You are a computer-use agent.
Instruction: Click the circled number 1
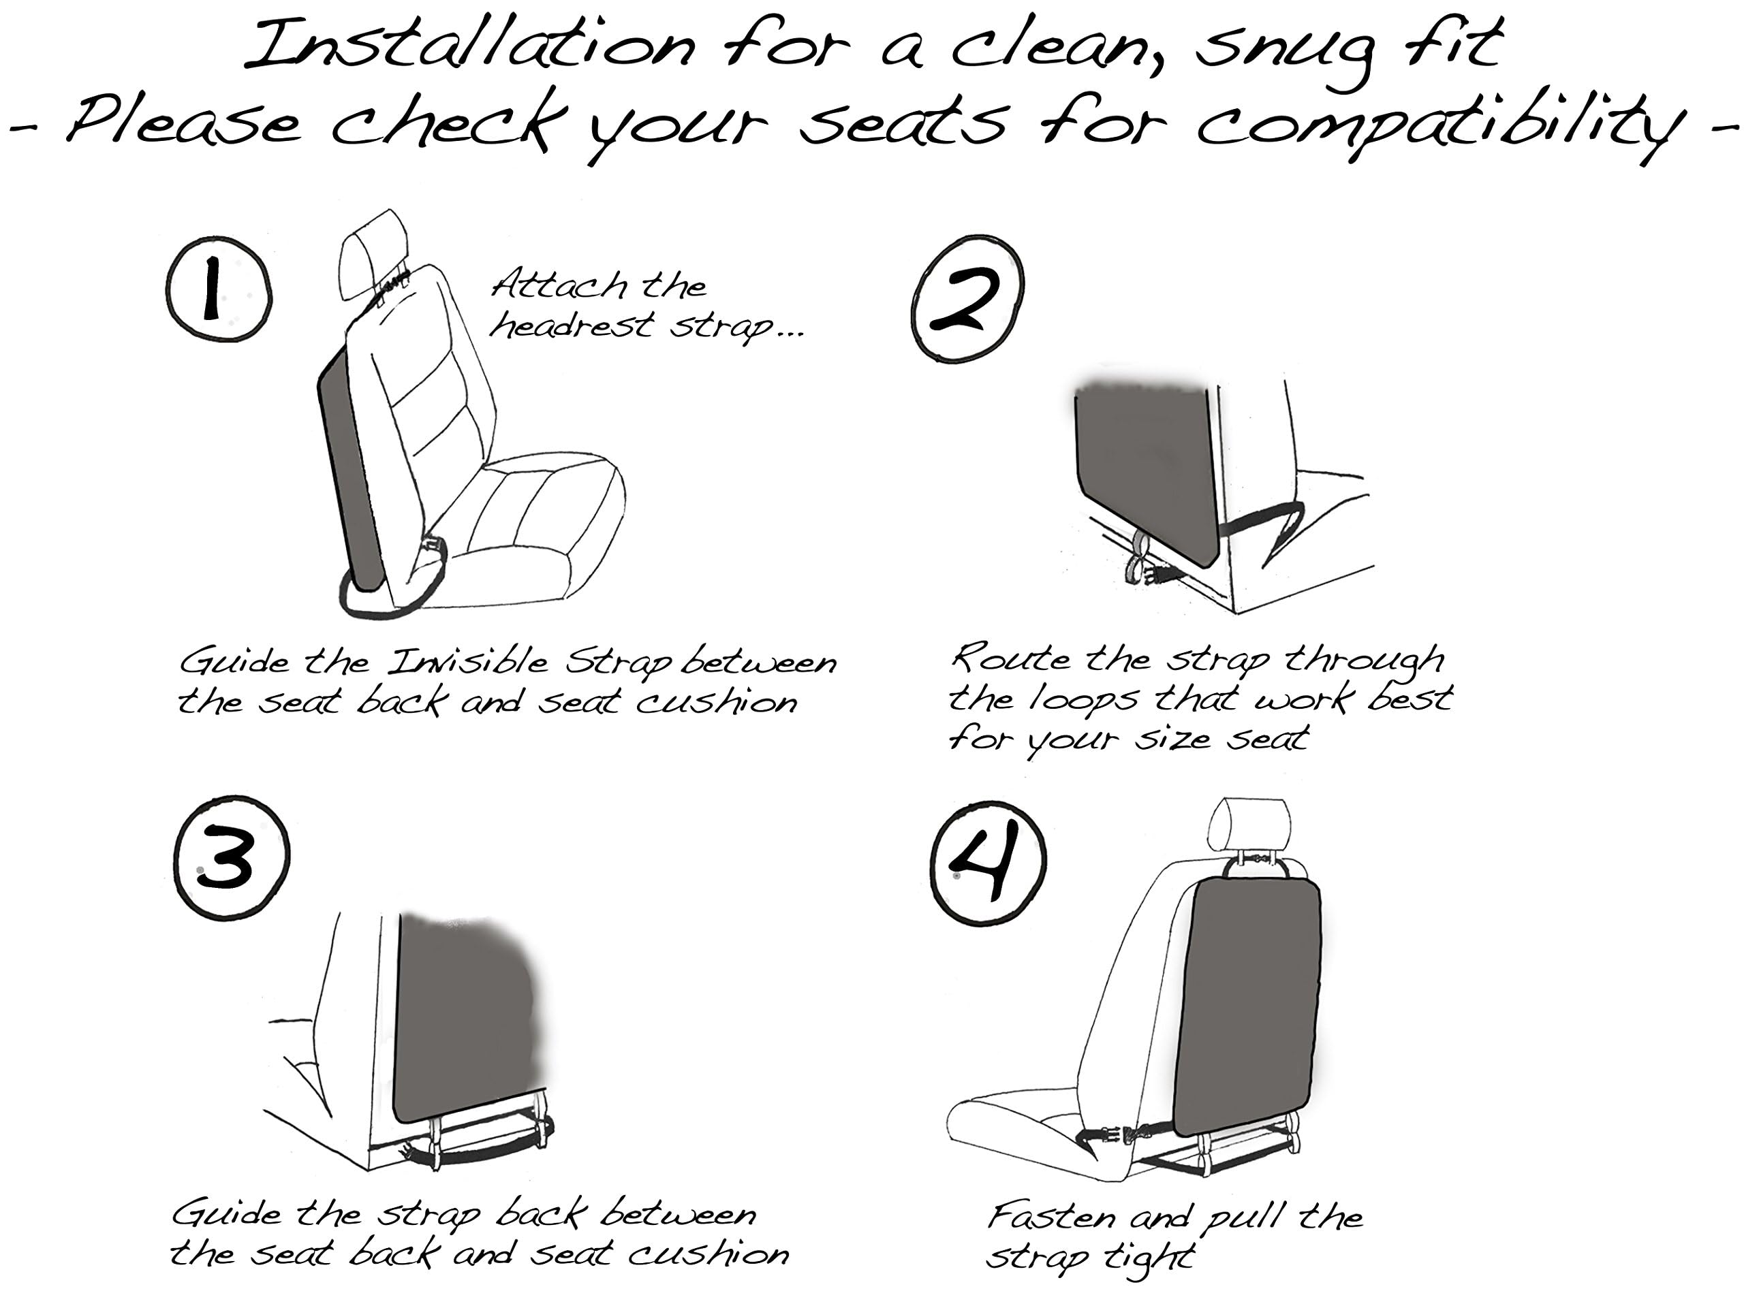[219, 289]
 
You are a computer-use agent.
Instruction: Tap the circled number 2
[969, 298]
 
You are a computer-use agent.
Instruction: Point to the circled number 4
[988, 863]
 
